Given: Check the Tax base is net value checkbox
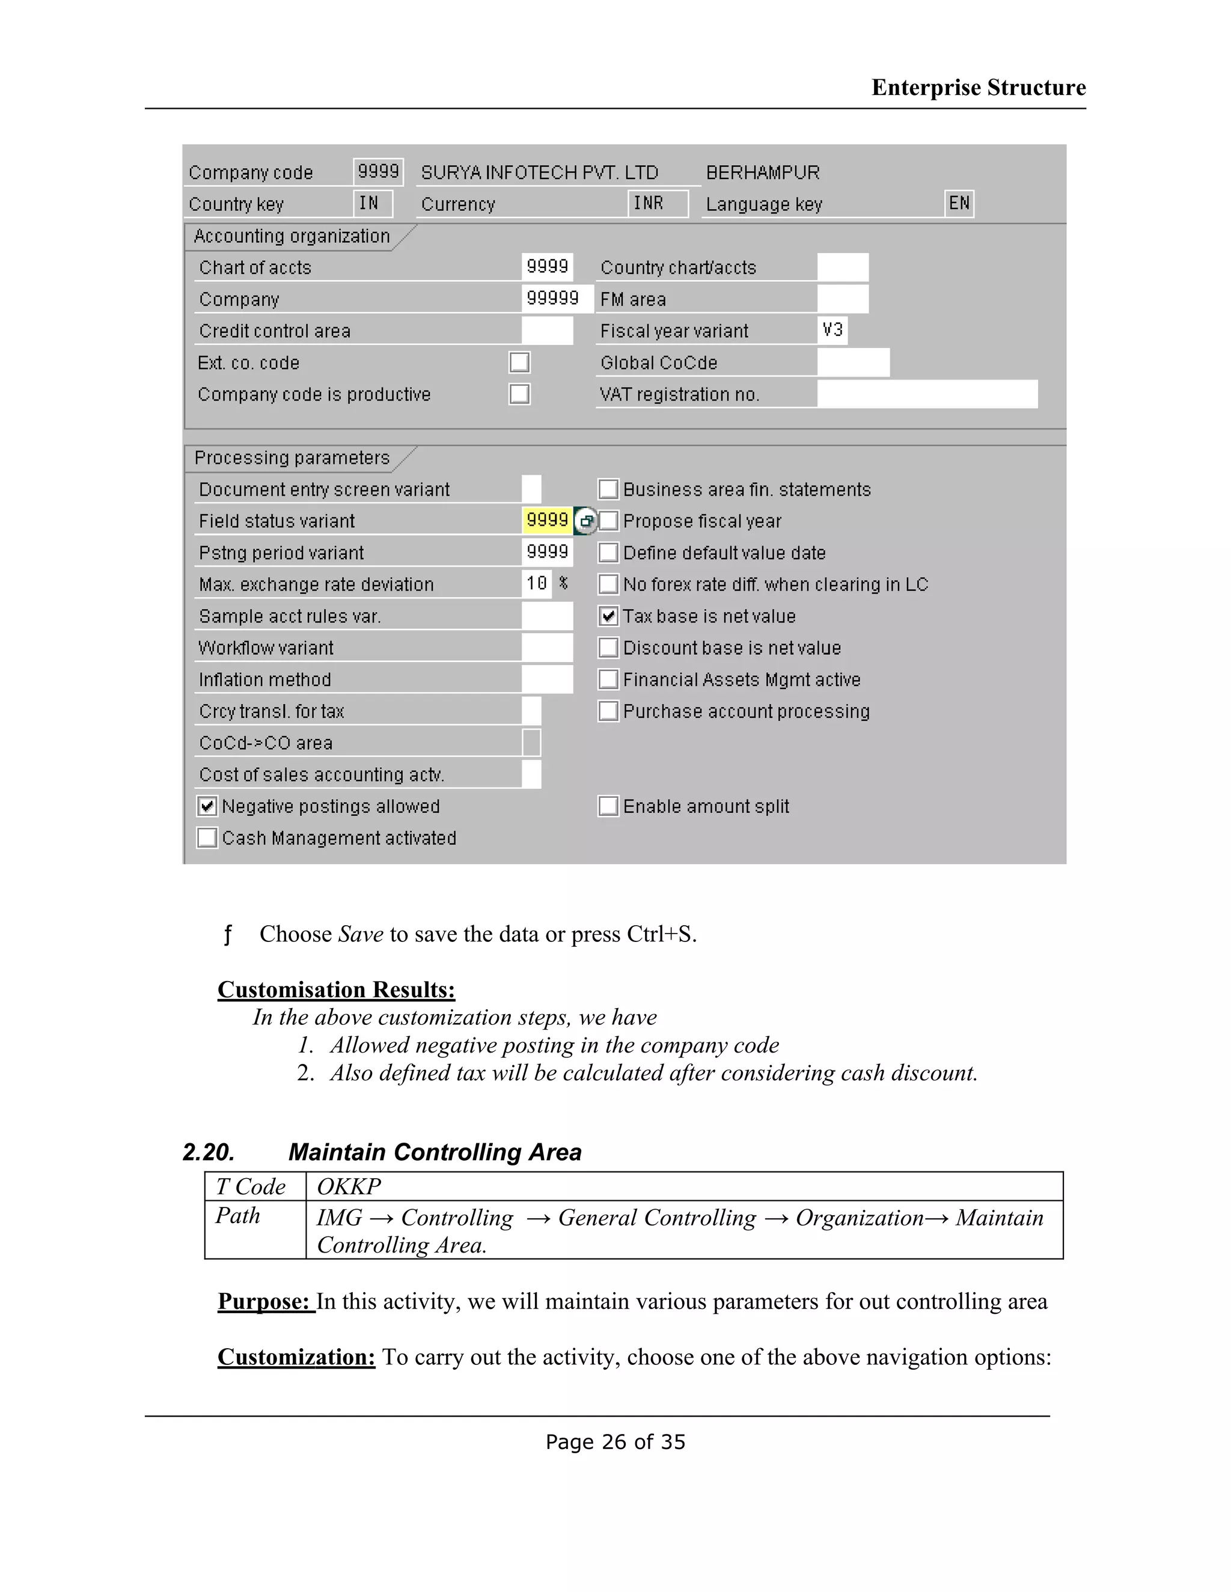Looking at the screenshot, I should pos(608,616).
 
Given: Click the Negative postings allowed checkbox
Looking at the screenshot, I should pos(207,806).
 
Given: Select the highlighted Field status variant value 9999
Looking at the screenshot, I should pos(547,520).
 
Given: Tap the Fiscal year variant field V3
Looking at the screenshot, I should pos(832,330).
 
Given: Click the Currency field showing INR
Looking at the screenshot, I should pos(656,204).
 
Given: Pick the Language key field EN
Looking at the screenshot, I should pos(959,204).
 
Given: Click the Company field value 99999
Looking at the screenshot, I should pos(553,299).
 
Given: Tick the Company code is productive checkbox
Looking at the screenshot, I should pos(519,394).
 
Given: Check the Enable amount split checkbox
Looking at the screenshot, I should pos(608,806).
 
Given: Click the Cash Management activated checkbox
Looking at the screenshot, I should pos(207,838).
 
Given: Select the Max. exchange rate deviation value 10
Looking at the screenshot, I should pos(537,584).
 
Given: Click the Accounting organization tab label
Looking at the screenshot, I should pos(292,236).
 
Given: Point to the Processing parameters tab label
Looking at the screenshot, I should pos(292,458).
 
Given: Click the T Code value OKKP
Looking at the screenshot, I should pos(349,1186).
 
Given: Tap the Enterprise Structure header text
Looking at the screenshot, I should pos(978,88).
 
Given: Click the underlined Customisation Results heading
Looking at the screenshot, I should pos(336,990).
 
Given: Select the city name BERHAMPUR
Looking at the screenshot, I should pos(762,173).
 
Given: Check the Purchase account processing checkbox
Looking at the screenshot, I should pos(608,711).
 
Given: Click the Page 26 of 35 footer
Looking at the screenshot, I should pos(615,1442).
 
